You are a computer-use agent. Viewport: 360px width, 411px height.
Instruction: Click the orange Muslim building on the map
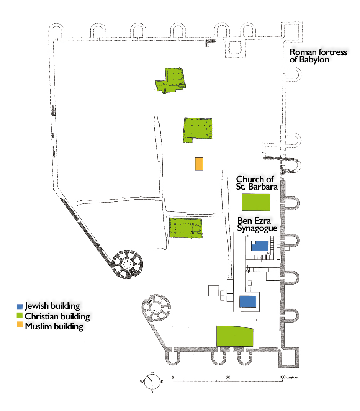(199, 164)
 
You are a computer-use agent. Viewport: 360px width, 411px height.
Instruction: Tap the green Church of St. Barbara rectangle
(256, 202)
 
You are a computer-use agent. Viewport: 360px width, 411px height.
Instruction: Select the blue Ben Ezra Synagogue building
(260, 246)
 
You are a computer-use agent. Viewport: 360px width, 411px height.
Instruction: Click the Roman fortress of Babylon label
(318, 56)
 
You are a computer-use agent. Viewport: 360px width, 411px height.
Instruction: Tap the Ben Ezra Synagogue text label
(257, 224)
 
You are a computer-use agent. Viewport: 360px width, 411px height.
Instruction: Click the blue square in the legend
(20, 306)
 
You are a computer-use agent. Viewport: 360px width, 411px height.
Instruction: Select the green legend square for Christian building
(20, 316)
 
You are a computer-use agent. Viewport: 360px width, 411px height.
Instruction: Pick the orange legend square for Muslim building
(20, 326)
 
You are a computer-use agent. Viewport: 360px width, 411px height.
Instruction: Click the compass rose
(152, 382)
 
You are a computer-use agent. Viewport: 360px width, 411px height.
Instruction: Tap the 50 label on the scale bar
(228, 377)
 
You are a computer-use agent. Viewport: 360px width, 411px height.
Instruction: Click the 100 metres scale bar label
(289, 377)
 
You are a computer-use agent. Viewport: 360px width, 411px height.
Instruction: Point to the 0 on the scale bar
(173, 377)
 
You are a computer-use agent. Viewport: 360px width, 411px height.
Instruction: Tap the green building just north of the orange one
(198, 129)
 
